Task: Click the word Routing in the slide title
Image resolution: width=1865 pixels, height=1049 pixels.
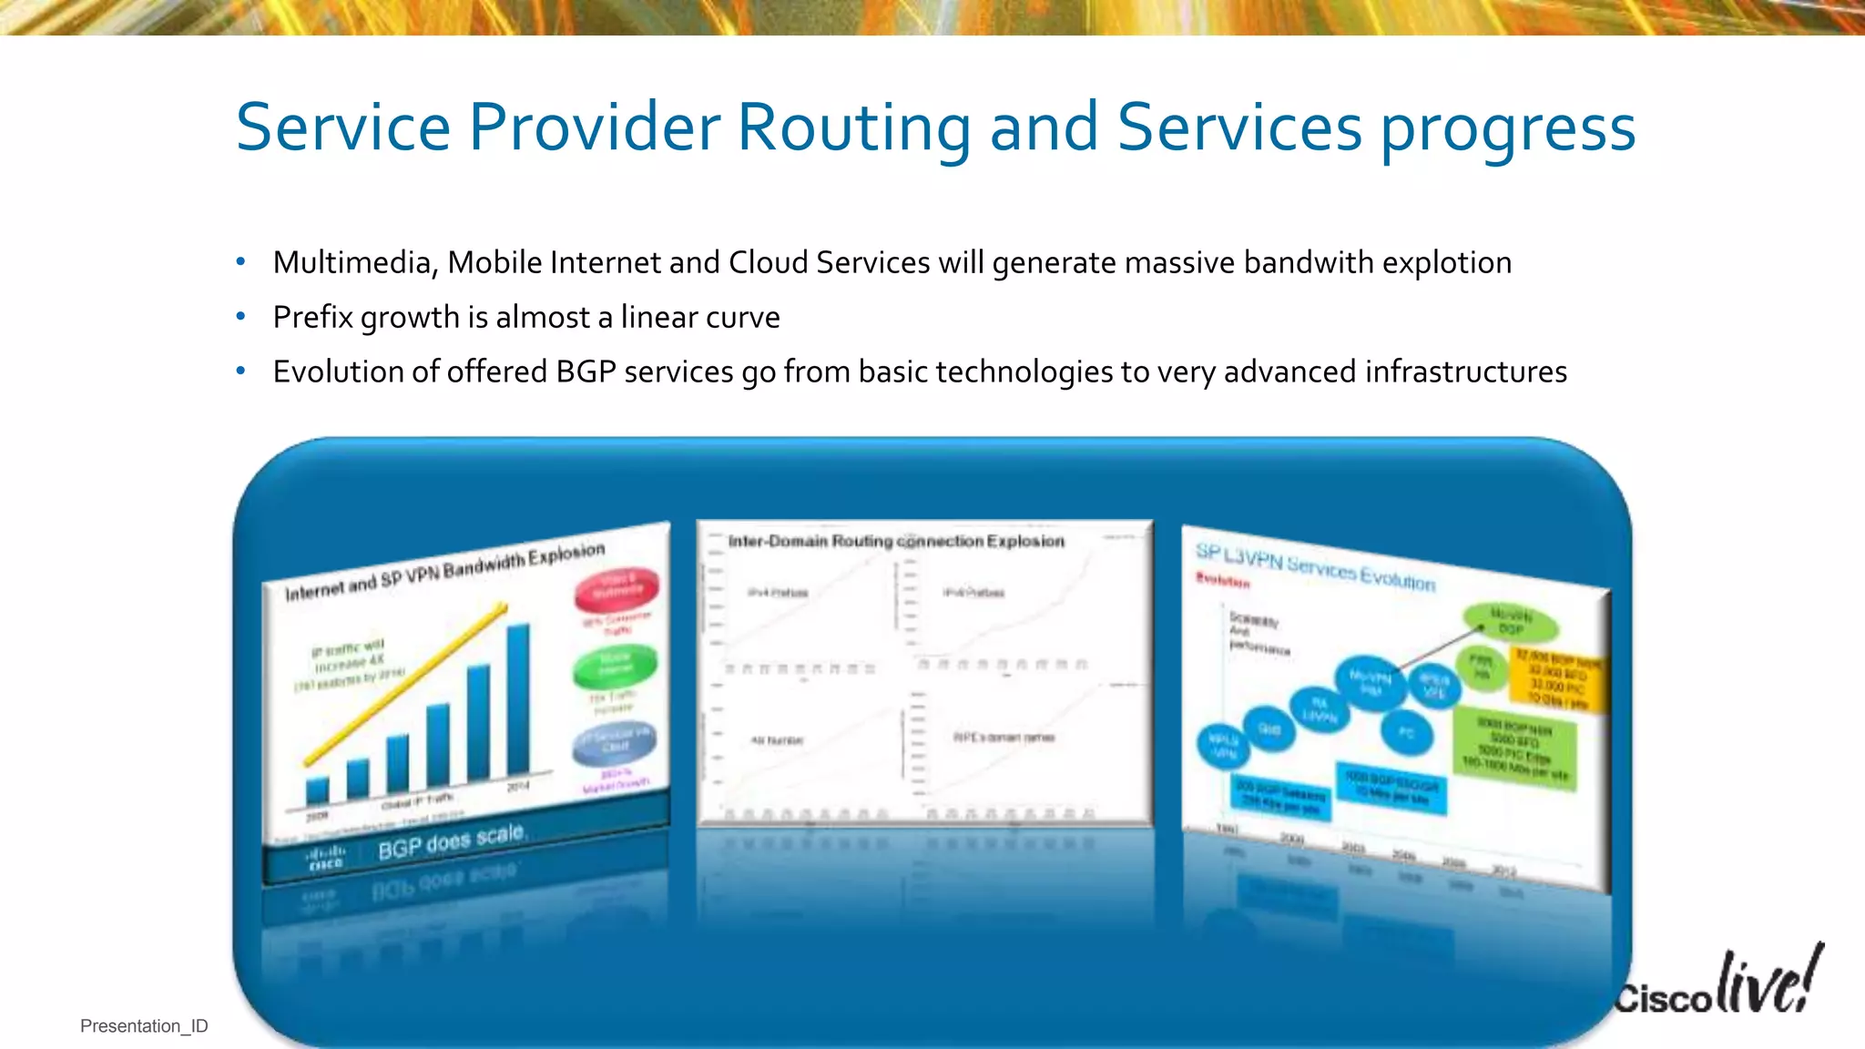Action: click(853, 127)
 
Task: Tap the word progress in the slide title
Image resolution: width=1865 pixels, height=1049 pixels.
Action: click(1508, 129)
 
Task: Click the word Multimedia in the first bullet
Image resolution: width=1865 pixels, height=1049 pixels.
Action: click(352, 263)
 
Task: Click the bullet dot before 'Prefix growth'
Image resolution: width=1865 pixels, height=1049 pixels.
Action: click(240, 317)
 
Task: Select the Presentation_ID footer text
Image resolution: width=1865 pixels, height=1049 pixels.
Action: click(144, 1026)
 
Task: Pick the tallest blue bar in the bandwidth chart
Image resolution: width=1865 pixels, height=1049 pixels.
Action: click(518, 698)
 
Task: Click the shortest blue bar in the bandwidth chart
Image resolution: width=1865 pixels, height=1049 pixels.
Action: click(317, 789)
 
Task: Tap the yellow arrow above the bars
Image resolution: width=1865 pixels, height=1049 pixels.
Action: click(406, 683)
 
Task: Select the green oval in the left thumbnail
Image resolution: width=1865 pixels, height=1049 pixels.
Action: click(615, 666)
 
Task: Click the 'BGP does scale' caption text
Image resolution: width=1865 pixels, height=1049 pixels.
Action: click(451, 841)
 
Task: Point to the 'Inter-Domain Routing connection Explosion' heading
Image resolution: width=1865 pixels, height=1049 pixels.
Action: click(896, 541)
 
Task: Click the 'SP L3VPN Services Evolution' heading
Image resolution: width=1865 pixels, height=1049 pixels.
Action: click(1315, 566)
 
